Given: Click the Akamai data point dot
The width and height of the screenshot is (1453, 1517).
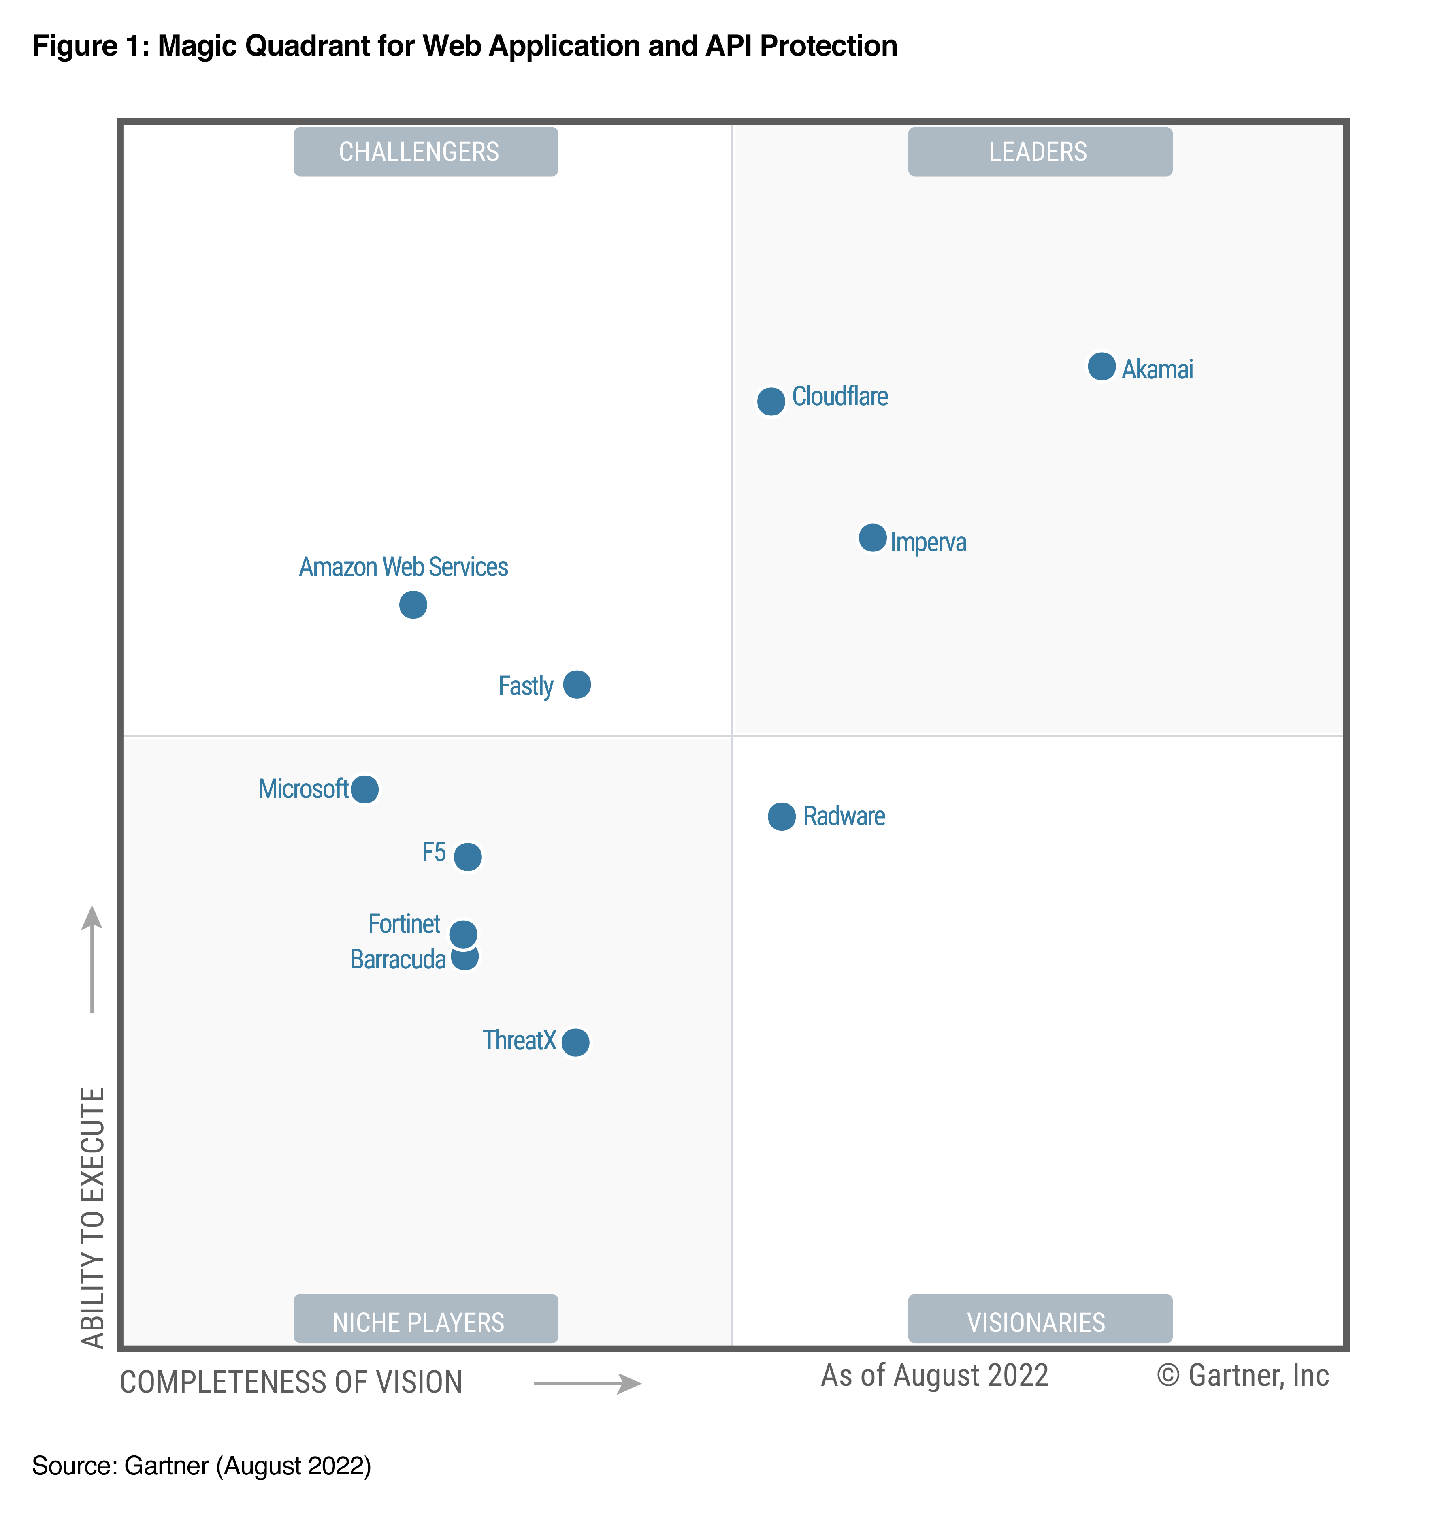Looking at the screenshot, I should (1101, 366).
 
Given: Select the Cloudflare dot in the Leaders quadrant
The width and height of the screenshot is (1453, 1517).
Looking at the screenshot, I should (771, 401).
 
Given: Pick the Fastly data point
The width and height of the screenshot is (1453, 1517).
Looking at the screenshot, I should (576, 684).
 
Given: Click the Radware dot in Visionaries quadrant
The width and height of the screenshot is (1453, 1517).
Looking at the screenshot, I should (782, 816).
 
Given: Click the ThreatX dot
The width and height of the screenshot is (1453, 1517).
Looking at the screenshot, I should (575, 1042).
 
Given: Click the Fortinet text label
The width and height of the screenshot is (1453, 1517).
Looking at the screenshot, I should (404, 923).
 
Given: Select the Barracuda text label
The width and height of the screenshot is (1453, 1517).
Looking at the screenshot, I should (398, 960).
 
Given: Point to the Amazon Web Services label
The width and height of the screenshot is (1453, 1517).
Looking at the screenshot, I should (403, 566).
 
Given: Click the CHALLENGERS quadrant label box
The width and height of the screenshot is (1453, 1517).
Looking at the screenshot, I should (426, 152).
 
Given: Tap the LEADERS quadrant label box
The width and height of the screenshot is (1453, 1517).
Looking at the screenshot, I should (1039, 152).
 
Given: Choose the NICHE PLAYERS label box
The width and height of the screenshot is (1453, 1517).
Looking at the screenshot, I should (426, 1322).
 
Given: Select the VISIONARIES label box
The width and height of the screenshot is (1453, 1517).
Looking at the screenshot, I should (1039, 1322).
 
